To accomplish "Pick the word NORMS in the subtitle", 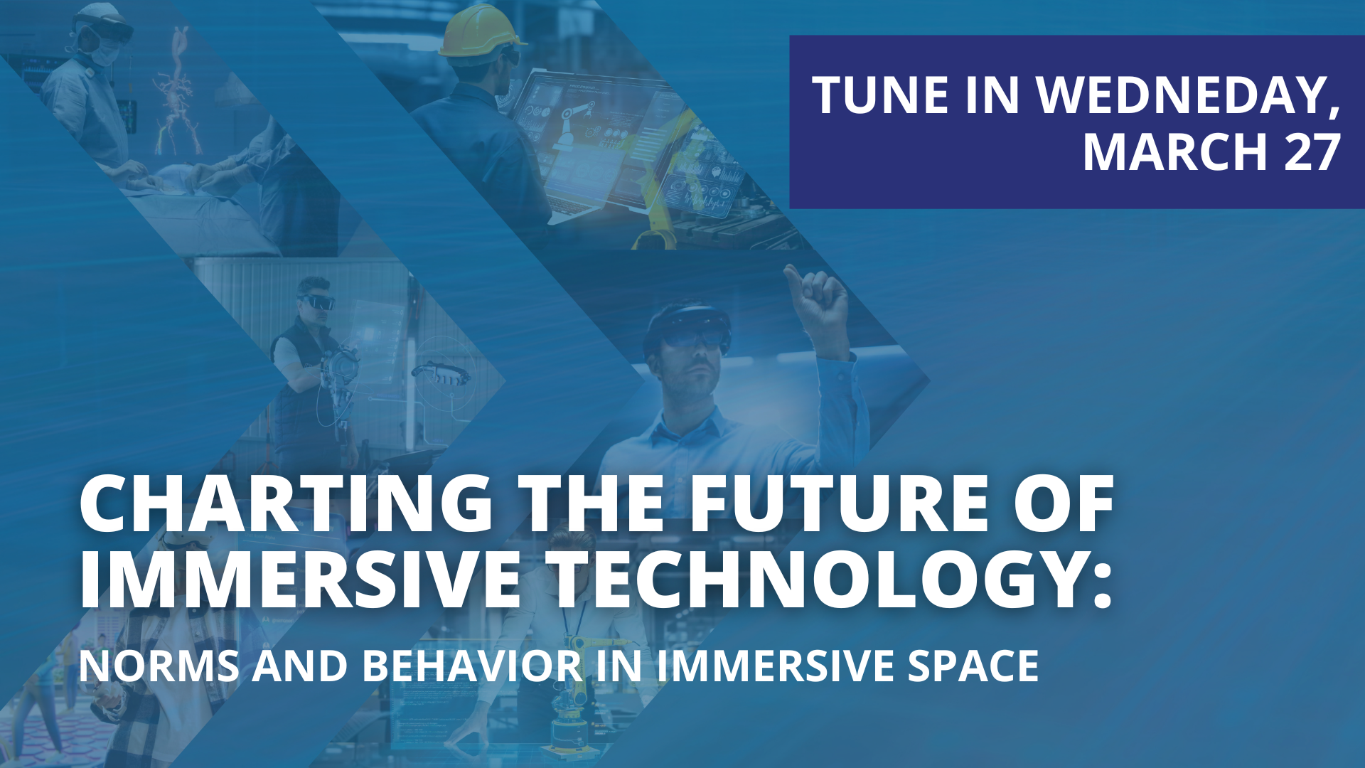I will (x=159, y=666).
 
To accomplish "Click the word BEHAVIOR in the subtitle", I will (x=473, y=666).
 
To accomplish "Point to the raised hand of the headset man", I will (x=818, y=295).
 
